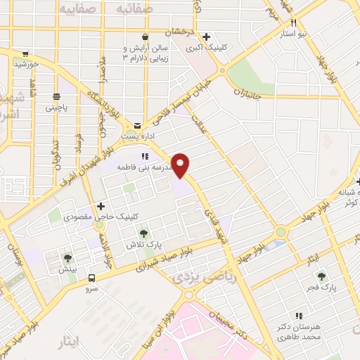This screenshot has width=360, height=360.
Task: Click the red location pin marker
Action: click(181, 165)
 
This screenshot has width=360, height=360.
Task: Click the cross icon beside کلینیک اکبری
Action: click(206, 37)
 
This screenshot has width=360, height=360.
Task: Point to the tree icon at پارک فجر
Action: click(322, 276)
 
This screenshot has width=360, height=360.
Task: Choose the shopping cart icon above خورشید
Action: click(25, 53)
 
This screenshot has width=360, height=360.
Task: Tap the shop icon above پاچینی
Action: click(54, 96)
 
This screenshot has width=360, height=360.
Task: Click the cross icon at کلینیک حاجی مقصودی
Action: click(103, 206)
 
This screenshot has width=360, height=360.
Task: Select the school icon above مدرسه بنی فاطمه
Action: click(144, 157)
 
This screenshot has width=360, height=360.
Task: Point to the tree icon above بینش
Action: click(68, 257)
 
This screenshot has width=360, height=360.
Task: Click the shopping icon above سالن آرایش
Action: click(145, 37)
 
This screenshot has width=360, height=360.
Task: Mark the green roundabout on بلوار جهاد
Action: click(281, 231)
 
